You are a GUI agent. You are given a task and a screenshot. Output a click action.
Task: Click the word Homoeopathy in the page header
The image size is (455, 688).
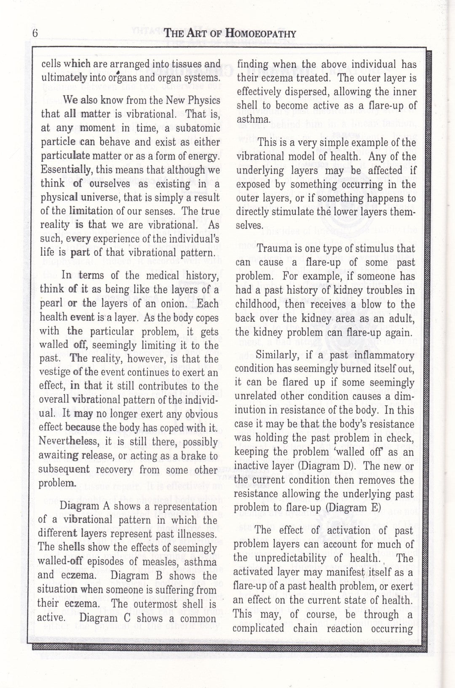tap(261, 34)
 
